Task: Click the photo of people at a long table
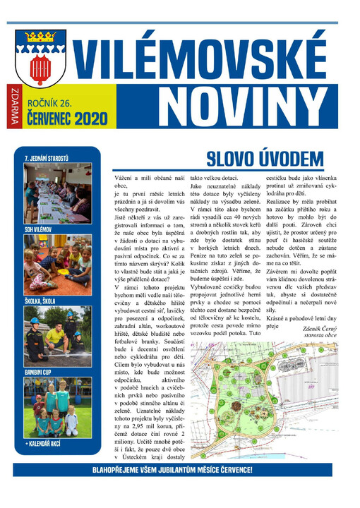pos(57,193)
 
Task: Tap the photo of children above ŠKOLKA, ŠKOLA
pos(57,265)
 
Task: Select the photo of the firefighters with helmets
pos(57,336)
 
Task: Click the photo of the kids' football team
pos(57,407)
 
